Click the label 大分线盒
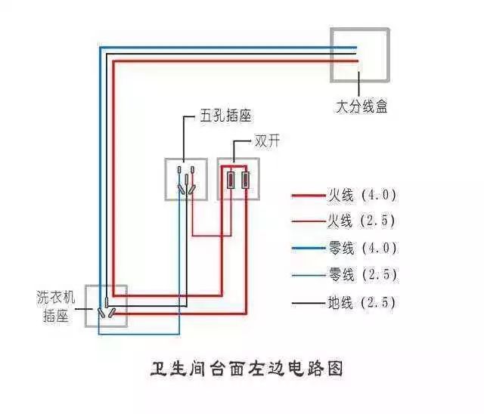[x=361, y=107]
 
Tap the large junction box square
[x=360, y=55]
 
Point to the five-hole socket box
[x=186, y=179]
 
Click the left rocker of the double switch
[x=232, y=179]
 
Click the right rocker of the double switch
[x=247, y=179]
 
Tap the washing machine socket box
[x=106, y=306]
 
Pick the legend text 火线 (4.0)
[x=361, y=195]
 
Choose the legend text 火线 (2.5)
[x=361, y=221]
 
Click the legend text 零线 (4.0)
[x=361, y=248]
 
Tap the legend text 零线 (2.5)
[x=361, y=274]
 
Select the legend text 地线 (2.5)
[x=361, y=304]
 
